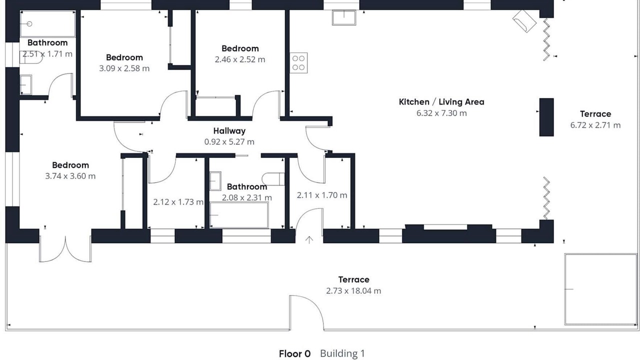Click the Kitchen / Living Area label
441,102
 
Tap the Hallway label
229,131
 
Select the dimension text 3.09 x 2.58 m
124,68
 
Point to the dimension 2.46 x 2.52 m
240,59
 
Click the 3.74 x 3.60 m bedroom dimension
70,176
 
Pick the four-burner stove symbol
298,63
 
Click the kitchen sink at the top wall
344,17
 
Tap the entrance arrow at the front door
309,239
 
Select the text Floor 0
294,353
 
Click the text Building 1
342,353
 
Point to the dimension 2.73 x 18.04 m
353,291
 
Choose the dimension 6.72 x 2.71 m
595,125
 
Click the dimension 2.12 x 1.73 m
178,202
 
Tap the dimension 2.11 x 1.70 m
322,195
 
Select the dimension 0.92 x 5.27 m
229,141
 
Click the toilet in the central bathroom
273,179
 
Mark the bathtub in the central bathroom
239,215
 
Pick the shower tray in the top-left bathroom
47,24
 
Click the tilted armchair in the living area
524,21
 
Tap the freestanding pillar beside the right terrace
546,117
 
